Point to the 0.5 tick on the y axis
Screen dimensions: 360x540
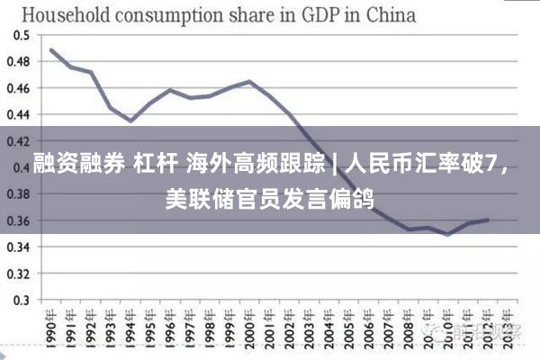[22, 35]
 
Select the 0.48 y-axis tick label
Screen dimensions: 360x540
[19, 62]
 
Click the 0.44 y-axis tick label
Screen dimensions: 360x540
[19, 114]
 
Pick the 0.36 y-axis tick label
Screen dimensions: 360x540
[19, 220]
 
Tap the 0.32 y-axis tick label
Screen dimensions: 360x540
[19, 273]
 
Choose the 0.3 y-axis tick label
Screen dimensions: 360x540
[22, 300]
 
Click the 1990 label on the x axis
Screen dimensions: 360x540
[51, 328]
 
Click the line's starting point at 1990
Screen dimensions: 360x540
[51, 49]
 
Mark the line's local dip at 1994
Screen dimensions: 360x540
[130, 121]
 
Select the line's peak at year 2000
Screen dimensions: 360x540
[249, 82]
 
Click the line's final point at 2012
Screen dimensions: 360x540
[488, 220]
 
